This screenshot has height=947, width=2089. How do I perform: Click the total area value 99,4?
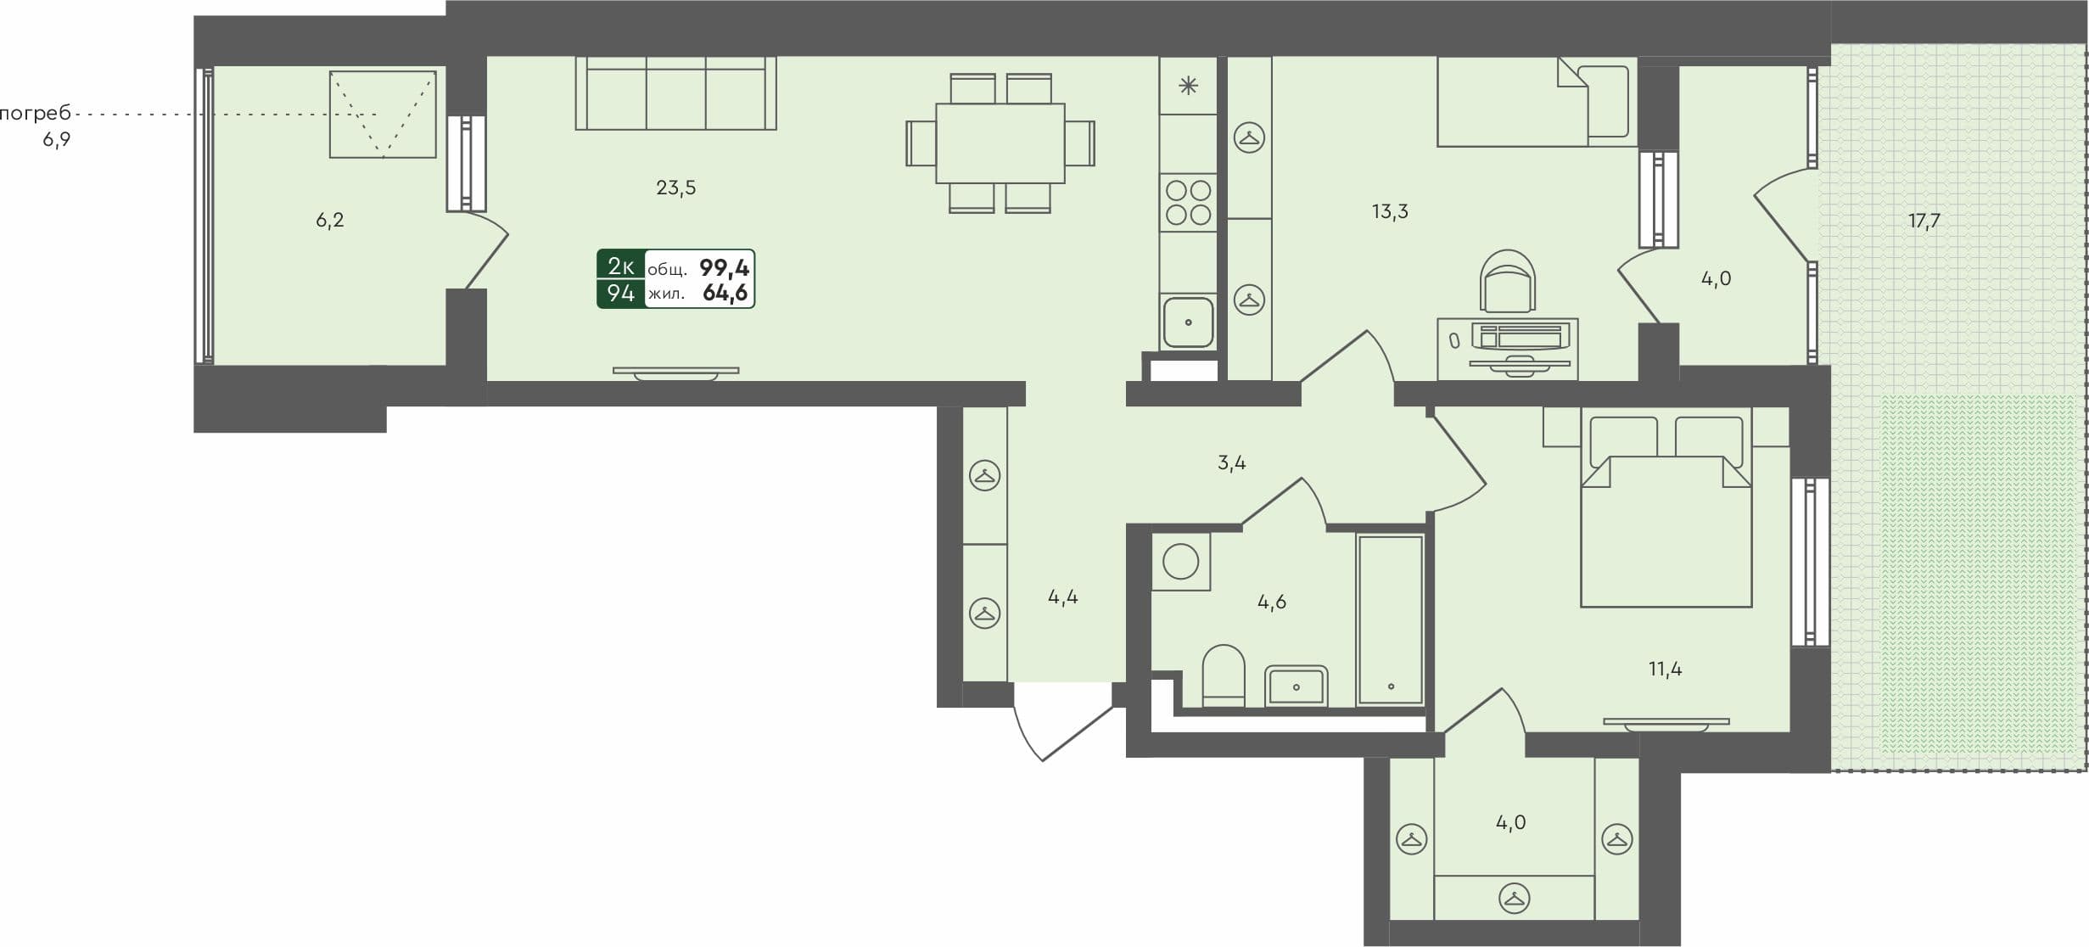724,268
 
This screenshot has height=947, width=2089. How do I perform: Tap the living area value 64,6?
725,294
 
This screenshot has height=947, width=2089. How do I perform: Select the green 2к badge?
620,266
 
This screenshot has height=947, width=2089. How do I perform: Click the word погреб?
35,114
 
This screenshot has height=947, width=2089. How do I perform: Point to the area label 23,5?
675,188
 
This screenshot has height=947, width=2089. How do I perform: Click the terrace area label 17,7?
1924,221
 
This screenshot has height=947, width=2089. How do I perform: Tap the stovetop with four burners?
1188,203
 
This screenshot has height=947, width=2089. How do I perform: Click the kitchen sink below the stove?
1188,322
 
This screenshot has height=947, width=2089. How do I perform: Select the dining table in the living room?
1000,143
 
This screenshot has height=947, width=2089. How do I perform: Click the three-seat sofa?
675,93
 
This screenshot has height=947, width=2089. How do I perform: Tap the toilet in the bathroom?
1224,676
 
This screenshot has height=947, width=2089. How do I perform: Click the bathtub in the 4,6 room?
1390,619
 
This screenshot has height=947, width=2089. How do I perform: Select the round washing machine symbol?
1180,561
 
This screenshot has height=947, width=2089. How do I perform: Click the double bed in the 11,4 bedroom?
1666,518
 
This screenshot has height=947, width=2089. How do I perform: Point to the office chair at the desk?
1507,281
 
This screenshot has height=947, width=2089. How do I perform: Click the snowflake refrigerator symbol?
1188,85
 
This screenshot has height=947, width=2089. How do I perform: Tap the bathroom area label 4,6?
1271,602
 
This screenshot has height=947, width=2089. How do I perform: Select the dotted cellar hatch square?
383,115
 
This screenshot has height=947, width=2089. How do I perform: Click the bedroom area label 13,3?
1390,211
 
